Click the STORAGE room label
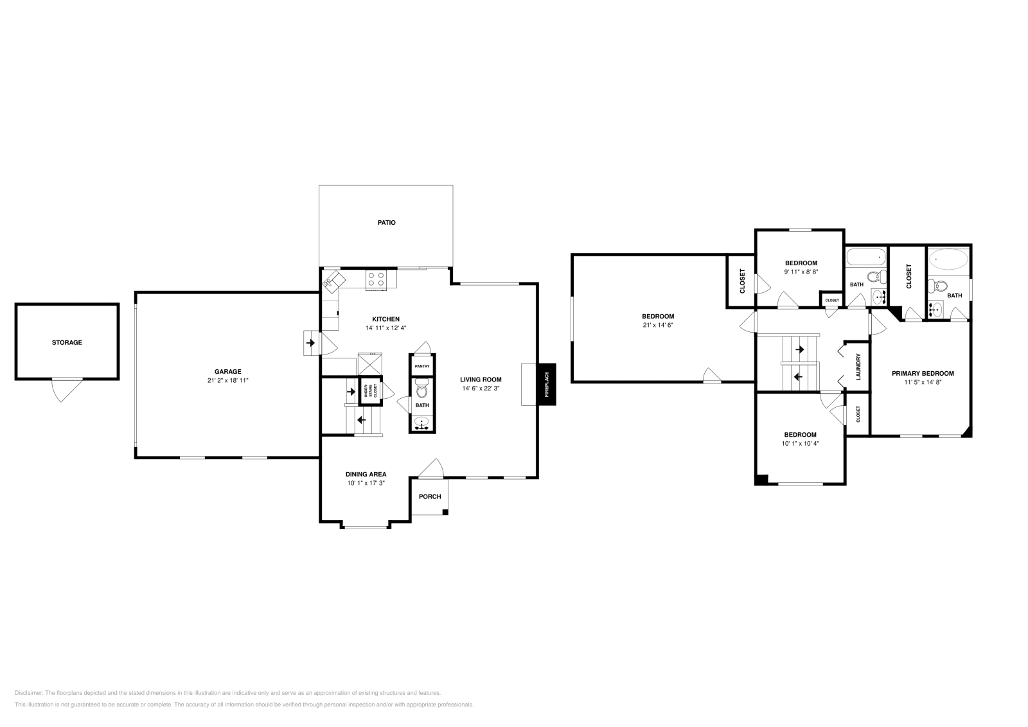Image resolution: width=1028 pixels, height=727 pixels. (67, 343)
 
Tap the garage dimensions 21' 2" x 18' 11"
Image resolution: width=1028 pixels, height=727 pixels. (227, 380)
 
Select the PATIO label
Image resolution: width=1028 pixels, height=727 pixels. (386, 222)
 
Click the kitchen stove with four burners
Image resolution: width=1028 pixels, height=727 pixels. (376, 280)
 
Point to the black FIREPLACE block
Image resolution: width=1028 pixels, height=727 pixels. (547, 384)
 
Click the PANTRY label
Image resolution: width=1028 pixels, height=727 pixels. (422, 367)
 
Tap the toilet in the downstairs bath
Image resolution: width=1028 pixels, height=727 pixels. (421, 388)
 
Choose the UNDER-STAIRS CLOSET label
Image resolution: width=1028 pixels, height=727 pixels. (370, 390)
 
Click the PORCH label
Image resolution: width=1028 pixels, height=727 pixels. (430, 496)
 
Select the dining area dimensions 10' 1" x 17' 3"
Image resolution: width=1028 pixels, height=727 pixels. (366, 483)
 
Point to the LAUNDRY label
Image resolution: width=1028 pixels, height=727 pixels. (858, 367)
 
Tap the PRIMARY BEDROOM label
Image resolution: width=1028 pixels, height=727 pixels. (923, 373)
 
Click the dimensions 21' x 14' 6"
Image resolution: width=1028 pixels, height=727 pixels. (658, 325)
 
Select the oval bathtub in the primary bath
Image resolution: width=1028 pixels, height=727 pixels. (948, 259)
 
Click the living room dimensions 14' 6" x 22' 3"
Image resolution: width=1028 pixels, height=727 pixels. (481, 389)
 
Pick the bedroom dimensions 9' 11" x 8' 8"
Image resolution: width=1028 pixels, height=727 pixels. (801, 272)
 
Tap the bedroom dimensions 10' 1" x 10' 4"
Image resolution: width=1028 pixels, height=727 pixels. (801, 444)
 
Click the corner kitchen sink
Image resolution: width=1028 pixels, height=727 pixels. (333, 281)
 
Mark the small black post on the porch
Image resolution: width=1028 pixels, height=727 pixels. (445, 512)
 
